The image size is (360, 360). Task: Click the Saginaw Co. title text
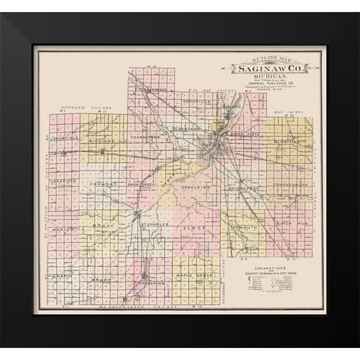[265, 67]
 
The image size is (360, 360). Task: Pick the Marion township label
[62, 229]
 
